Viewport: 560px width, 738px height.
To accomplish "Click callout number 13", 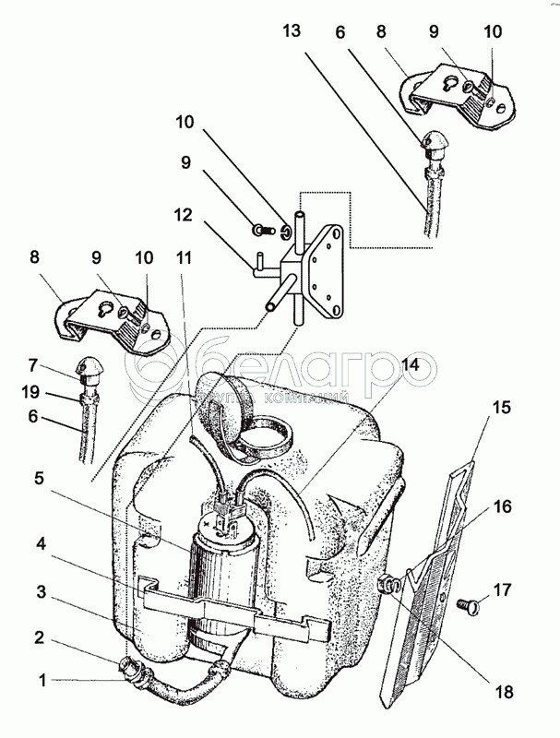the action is tap(292, 31).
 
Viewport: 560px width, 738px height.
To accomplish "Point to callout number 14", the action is tap(409, 364).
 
